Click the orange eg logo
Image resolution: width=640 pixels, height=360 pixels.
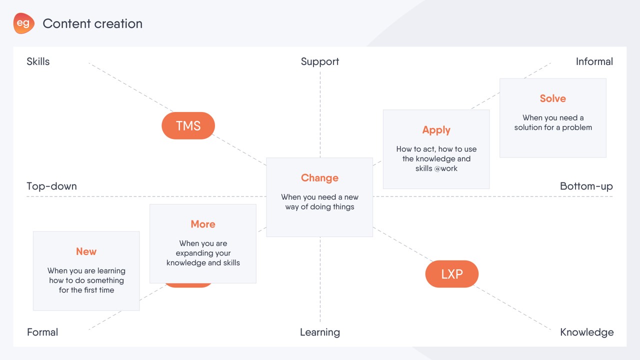coord(23,23)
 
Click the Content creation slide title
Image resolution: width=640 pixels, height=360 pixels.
coord(92,23)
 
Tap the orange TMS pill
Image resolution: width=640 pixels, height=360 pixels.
coord(188,125)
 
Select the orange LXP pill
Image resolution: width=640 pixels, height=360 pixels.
coord(451,274)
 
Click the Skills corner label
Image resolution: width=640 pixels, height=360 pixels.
coord(38,61)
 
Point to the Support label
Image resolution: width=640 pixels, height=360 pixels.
coord(320,61)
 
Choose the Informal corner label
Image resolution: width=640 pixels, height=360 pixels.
coord(594,61)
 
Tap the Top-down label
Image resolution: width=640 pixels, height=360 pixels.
coord(51,186)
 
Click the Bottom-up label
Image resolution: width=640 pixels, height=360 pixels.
coord(586,186)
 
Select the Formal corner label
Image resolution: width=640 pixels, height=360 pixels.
coord(42,332)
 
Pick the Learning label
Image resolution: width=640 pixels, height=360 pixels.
coord(320,332)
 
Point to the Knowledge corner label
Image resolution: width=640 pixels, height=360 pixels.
coord(587,332)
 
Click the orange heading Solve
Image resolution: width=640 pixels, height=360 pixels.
coord(553,98)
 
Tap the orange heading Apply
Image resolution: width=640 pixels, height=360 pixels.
coord(436,130)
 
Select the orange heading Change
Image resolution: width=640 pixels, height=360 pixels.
coord(319,178)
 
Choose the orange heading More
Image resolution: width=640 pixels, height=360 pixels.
coord(203,224)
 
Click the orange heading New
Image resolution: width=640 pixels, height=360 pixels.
coord(86,251)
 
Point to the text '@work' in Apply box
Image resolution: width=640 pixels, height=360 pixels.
coord(445,168)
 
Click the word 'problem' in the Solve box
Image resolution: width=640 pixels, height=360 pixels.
coord(577,127)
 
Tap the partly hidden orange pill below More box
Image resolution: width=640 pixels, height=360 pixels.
coord(188,285)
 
